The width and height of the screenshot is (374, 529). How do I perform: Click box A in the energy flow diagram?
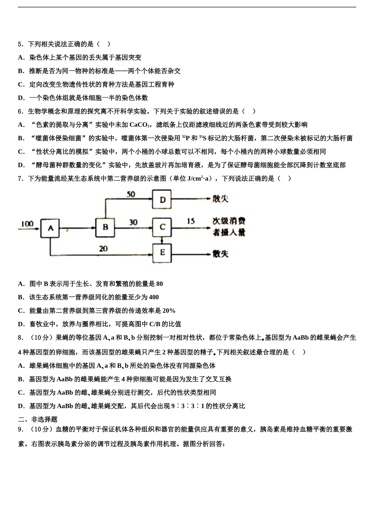pyautogui.click(x=50, y=228)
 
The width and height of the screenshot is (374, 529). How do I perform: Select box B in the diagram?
pyautogui.click(x=106, y=227)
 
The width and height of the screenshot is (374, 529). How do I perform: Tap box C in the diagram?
pyautogui.click(x=162, y=227)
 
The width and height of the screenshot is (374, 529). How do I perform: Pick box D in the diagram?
pyautogui.click(x=162, y=200)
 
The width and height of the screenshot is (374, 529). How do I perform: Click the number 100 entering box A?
pyautogui.click(x=27, y=224)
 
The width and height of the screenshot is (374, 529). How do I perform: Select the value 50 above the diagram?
pyautogui.click(x=131, y=194)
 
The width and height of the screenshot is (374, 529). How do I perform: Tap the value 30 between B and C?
pyautogui.click(x=133, y=222)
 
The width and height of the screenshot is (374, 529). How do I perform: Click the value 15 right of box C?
pyautogui.click(x=191, y=221)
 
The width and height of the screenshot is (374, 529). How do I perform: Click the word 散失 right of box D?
pyautogui.click(x=220, y=199)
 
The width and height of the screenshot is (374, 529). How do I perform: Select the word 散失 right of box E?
pyautogui.click(x=220, y=253)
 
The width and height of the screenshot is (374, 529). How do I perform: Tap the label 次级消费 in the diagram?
pyautogui.click(x=229, y=221)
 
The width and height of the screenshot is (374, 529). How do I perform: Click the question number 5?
pyautogui.click(x=20, y=44)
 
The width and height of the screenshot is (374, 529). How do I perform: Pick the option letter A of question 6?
pyautogui.click(x=20, y=125)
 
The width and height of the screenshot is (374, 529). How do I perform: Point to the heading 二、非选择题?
pyautogui.click(x=38, y=420)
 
